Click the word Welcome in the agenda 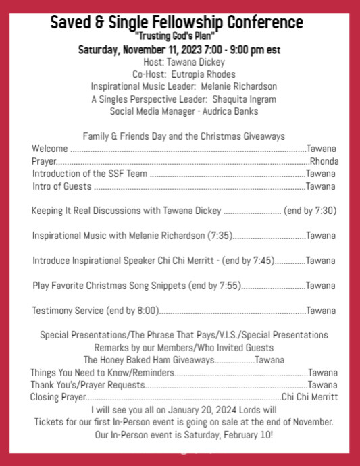(49, 149)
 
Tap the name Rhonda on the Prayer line (324, 161)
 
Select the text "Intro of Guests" (61, 186)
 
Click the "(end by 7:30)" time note (310, 211)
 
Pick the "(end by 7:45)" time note (248, 261)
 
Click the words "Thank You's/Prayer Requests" (87, 385)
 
